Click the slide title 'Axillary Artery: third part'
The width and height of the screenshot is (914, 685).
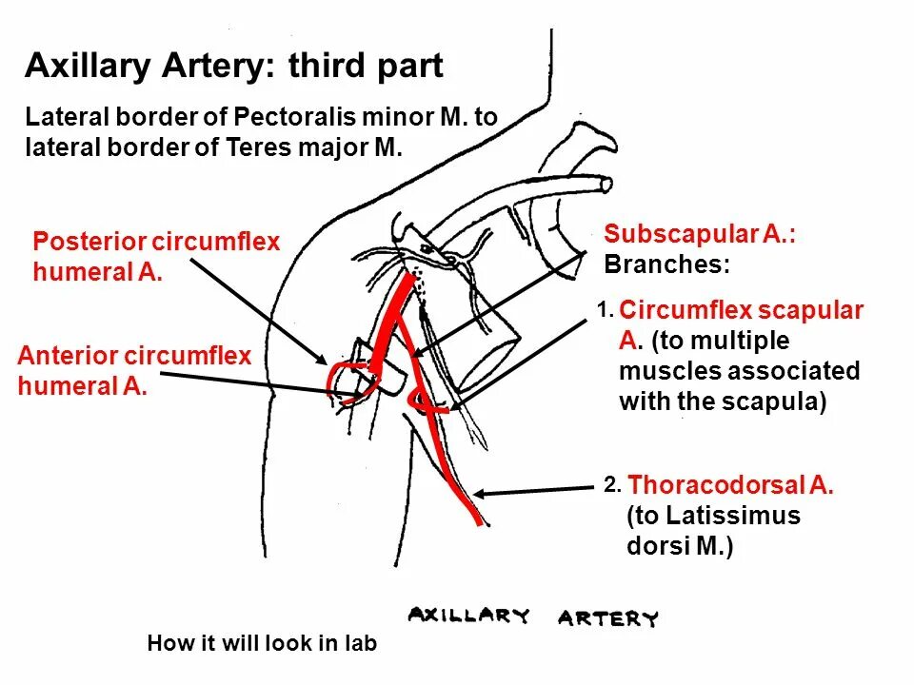point(233,67)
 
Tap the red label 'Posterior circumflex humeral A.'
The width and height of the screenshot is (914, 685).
point(156,257)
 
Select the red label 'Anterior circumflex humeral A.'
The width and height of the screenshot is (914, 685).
point(134,371)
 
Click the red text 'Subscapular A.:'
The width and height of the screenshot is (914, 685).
point(699,234)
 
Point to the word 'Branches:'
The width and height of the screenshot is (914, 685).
point(666,264)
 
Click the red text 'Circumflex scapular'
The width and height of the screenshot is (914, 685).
point(741,310)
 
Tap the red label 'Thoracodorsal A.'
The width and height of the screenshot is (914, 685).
point(730,485)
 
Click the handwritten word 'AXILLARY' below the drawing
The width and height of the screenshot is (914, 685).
point(468,616)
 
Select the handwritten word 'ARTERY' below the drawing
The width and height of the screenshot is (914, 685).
point(607,619)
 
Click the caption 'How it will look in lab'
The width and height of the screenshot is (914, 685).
point(262,644)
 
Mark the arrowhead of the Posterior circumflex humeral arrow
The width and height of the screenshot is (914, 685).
point(324,362)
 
